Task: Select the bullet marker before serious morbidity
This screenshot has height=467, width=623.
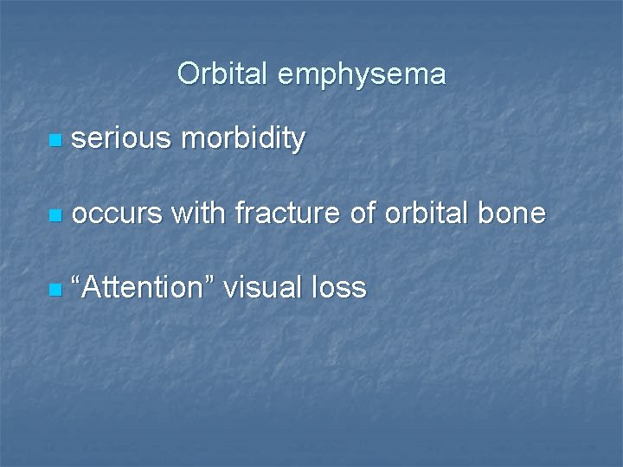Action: (56, 139)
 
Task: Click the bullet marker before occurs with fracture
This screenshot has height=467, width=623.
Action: (56, 214)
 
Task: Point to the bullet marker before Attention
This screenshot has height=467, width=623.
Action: (56, 288)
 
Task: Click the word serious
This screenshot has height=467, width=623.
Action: (121, 138)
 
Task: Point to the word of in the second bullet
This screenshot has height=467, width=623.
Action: (365, 213)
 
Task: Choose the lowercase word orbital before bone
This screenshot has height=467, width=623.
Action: (427, 213)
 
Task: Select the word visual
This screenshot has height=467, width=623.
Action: (263, 287)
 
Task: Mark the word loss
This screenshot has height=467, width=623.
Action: (339, 287)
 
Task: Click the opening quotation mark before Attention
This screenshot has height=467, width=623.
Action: (79, 280)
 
